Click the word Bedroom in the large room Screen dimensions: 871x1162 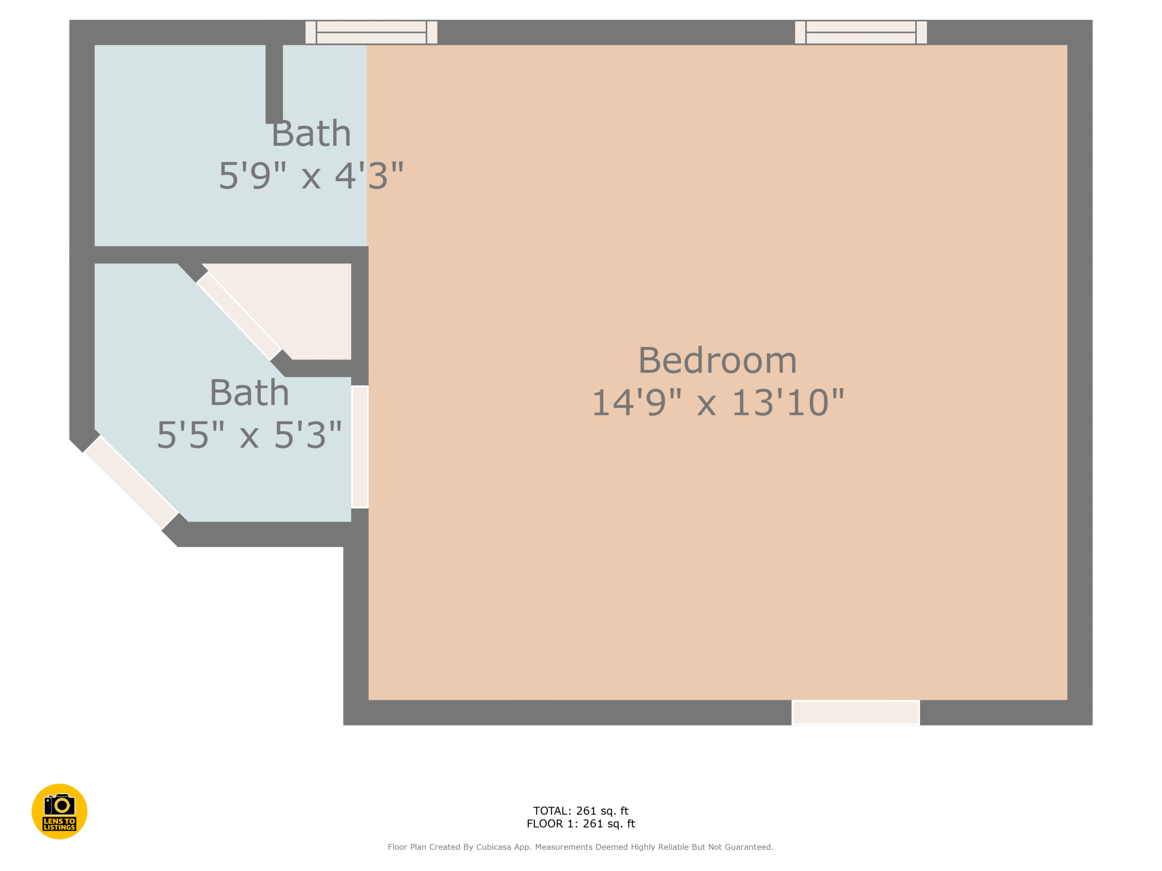coord(718,361)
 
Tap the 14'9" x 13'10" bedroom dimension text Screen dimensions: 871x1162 coord(718,403)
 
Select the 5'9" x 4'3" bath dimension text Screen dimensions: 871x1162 coord(311,176)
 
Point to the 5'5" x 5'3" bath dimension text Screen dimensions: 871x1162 coord(250,435)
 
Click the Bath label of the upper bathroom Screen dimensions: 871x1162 coord(311,134)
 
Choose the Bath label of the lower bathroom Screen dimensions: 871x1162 coord(250,393)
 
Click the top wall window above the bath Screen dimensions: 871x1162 coord(371,33)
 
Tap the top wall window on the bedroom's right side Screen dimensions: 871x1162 coord(861,33)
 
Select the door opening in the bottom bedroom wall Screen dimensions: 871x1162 coord(856,712)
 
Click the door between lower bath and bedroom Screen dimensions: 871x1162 coord(360,447)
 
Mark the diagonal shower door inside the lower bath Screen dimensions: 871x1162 coord(239,316)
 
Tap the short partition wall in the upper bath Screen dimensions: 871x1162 coord(274,84)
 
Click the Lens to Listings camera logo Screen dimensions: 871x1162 coord(59,811)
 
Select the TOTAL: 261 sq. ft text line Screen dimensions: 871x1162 coord(581,811)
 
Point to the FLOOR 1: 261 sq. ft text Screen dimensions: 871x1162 coord(581,824)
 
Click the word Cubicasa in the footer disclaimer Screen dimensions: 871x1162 coord(494,847)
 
